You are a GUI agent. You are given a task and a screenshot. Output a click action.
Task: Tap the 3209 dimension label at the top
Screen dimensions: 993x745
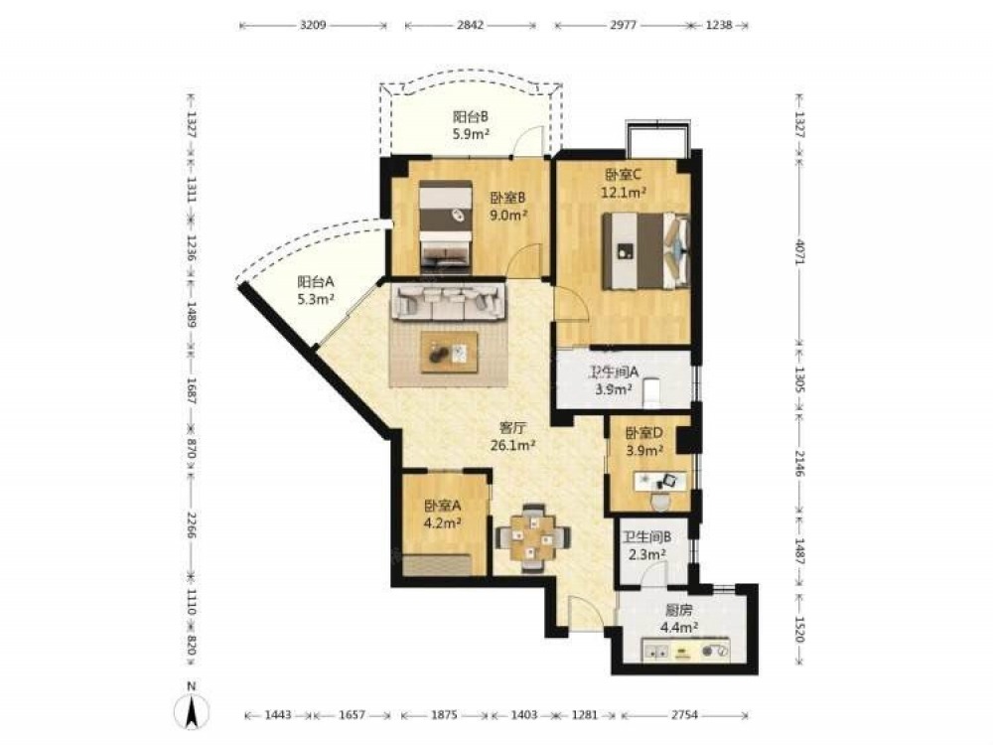tap(313, 26)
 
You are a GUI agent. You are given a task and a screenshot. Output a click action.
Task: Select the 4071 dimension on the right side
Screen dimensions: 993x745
tap(799, 252)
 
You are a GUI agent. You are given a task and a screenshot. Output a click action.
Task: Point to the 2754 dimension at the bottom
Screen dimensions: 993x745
tap(684, 715)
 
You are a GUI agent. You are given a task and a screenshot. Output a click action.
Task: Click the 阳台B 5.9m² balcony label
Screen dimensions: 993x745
tap(471, 125)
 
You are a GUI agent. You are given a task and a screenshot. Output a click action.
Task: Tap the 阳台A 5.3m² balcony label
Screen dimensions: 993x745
tap(316, 290)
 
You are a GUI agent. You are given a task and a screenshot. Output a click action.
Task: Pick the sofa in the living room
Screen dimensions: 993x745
tap(449, 302)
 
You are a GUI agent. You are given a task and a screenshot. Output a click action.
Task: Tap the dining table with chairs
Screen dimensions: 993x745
tap(532, 537)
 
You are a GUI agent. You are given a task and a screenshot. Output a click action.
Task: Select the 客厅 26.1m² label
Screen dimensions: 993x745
tap(513, 436)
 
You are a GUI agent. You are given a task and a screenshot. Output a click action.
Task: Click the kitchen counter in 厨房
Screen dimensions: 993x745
tap(686, 650)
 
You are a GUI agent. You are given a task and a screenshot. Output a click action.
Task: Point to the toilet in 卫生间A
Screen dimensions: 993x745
tap(651, 393)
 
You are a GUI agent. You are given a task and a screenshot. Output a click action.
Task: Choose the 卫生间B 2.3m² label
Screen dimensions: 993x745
tap(646, 546)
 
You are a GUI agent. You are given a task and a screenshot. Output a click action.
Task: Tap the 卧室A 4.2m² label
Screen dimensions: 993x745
tap(442, 514)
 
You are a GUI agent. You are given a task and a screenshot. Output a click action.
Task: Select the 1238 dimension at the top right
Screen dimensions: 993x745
tap(719, 26)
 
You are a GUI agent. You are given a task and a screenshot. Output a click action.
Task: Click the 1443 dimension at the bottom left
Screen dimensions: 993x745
tap(278, 715)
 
